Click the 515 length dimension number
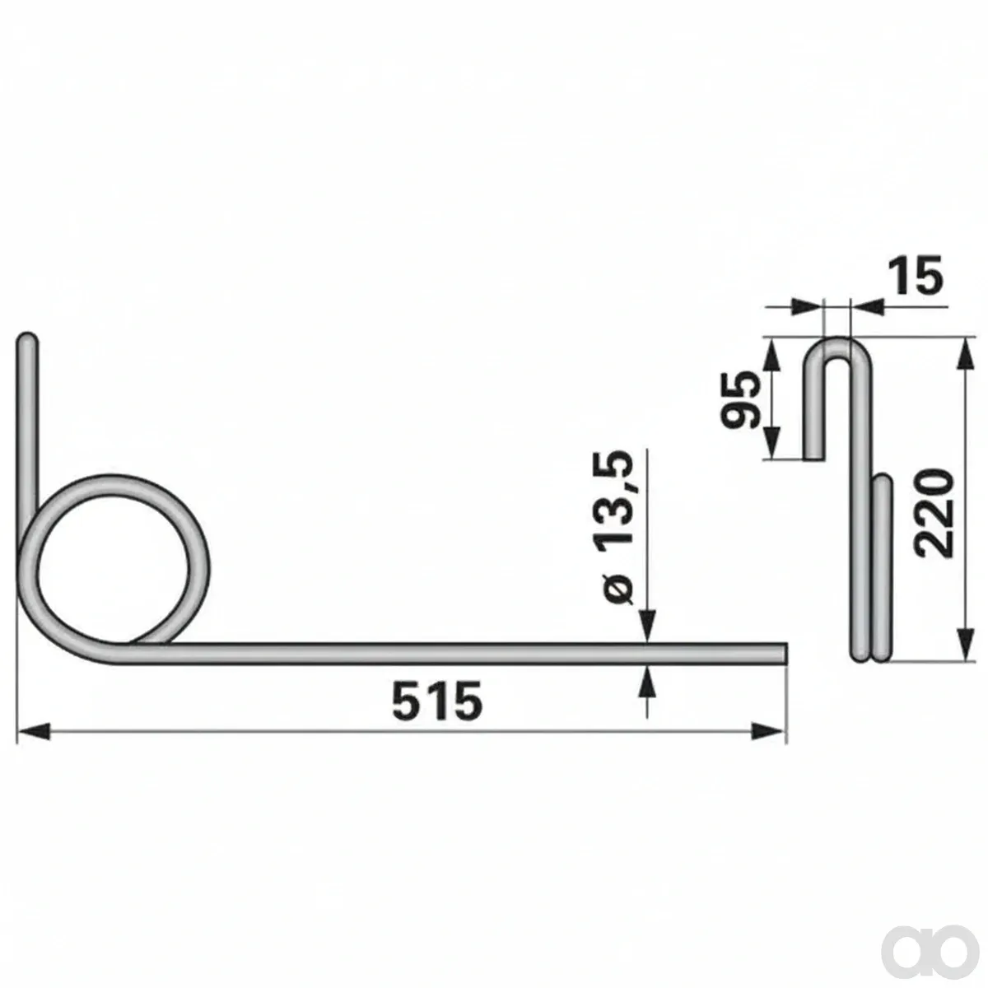click(437, 700)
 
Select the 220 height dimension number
click(934, 513)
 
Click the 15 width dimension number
click(916, 275)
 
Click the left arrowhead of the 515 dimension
click(34, 732)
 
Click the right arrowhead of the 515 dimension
click(768, 732)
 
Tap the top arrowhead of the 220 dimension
click(967, 354)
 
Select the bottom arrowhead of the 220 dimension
click(967, 645)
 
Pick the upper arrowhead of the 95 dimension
click(772, 354)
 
